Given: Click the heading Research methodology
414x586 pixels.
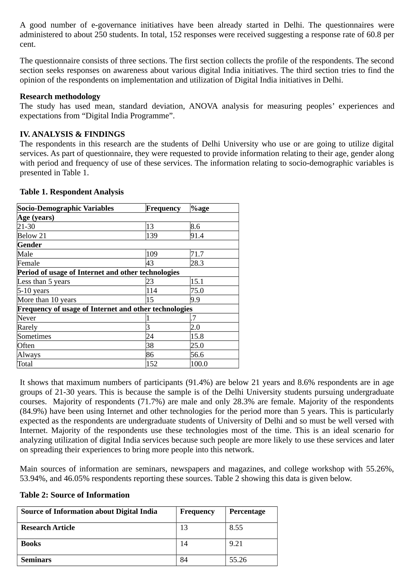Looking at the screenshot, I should pyautogui.click(x=60, y=96).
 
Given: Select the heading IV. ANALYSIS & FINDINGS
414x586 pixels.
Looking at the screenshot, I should pyautogui.click(x=72, y=134).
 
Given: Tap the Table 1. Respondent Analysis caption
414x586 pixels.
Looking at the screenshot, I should pyautogui.click(x=72, y=192).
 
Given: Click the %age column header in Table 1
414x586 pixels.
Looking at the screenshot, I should pyautogui.click(x=200, y=208).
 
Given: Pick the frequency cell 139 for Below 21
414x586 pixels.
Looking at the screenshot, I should pyautogui.click(x=152, y=236).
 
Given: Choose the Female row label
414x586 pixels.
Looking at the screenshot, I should pyautogui.click(x=29, y=263).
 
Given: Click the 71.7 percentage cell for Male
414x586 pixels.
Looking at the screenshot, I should pyautogui.click(x=197, y=254).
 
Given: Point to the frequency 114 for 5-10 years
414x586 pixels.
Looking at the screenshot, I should pyautogui.click(x=152, y=291).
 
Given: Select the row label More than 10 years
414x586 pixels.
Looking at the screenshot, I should pyautogui.click(x=47, y=300).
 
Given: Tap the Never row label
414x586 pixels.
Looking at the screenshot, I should pyautogui.click(x=27, y=318).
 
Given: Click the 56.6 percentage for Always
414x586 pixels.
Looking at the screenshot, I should pyautogui.click(x=197, y=355).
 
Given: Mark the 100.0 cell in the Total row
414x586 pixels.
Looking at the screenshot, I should pyautogui.click(x=199, y=364).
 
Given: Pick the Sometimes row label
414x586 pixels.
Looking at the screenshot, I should pyautogui.click(x=34, y=336).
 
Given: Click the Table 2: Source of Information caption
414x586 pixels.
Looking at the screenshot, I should pyautogui.click(x=75, y=495).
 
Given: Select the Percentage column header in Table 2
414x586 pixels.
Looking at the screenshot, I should pyautogui.click(x=247, y=512).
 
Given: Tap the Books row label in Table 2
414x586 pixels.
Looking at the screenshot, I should pyautogui.click(x=31, y=544).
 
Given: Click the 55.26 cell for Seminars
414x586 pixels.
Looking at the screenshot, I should pyautogui.click(x=238, y=560).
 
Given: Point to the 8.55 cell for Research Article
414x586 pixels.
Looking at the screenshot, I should pyautogui.click(x=236, y=528).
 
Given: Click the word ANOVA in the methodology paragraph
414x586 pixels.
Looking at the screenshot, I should pyautogui.click(x=203, y=106).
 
